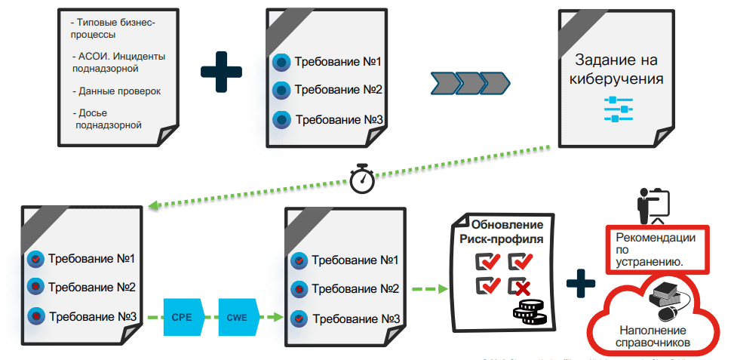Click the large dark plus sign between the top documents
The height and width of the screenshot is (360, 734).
point(222,72)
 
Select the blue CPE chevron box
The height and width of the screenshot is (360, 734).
point(183,317)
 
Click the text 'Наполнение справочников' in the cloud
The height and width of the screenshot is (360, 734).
point(653,337)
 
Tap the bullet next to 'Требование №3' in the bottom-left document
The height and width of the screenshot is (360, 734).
point(35,315)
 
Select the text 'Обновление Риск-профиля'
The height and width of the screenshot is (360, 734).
point(506,232)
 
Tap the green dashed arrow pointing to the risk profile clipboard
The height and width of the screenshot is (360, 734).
point(429,288)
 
